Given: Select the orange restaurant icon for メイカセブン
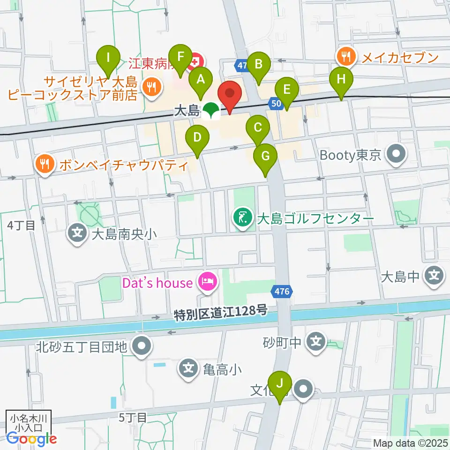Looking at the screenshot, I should click(x=346, y=58).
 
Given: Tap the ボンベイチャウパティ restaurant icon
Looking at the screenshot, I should click(x=45, y=165).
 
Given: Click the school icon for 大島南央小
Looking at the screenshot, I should click(x=76, y=233).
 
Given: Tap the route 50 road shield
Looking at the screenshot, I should click(x=276, y=103).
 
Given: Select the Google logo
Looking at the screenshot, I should click(x=31, y=439).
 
